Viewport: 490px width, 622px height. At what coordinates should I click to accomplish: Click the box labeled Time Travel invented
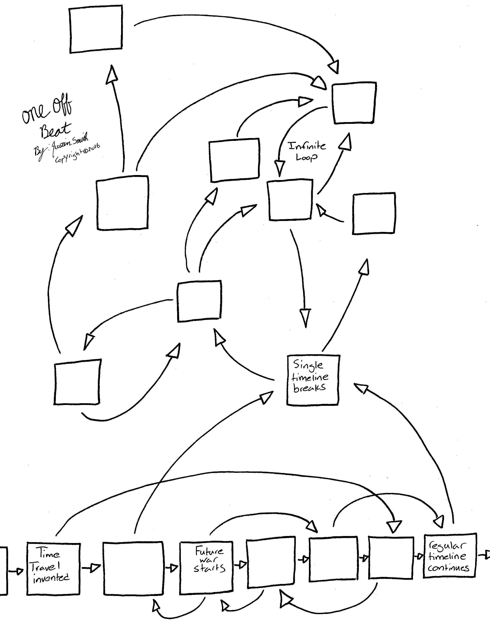point(53,568)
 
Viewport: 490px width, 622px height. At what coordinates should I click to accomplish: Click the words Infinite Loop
point(307,151)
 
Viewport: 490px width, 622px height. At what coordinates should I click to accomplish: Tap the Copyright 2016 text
point(78,153)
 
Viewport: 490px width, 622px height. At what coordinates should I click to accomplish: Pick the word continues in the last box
point(448,568)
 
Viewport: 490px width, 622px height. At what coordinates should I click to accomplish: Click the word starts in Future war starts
point(210,568)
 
